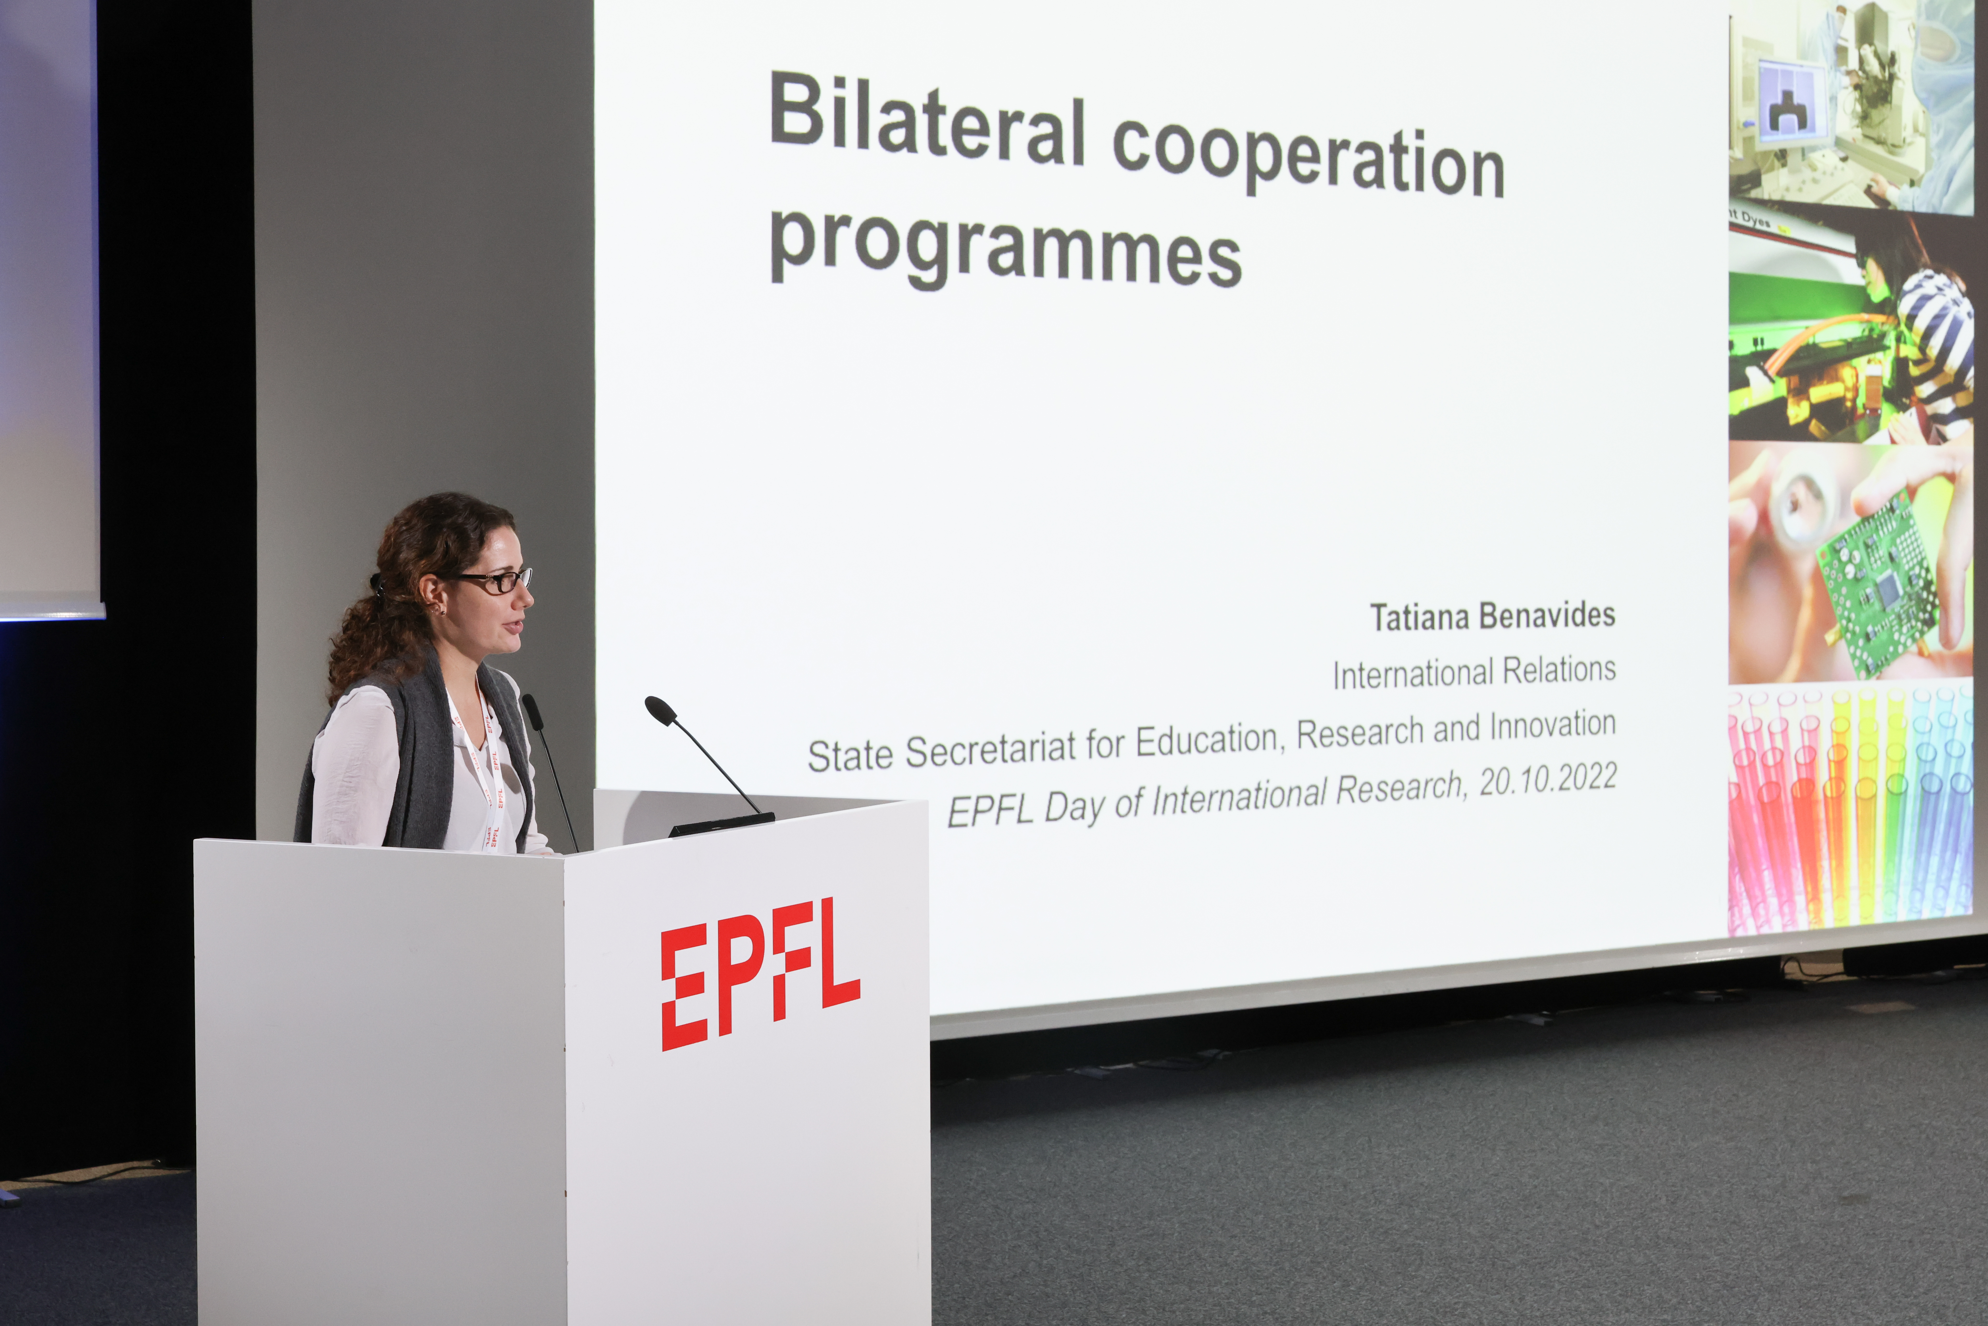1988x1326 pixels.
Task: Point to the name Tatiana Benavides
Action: pyautogui.click(x=1492, y=616)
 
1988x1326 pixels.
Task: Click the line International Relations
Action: pyautogui.click(x=1474, y=672)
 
